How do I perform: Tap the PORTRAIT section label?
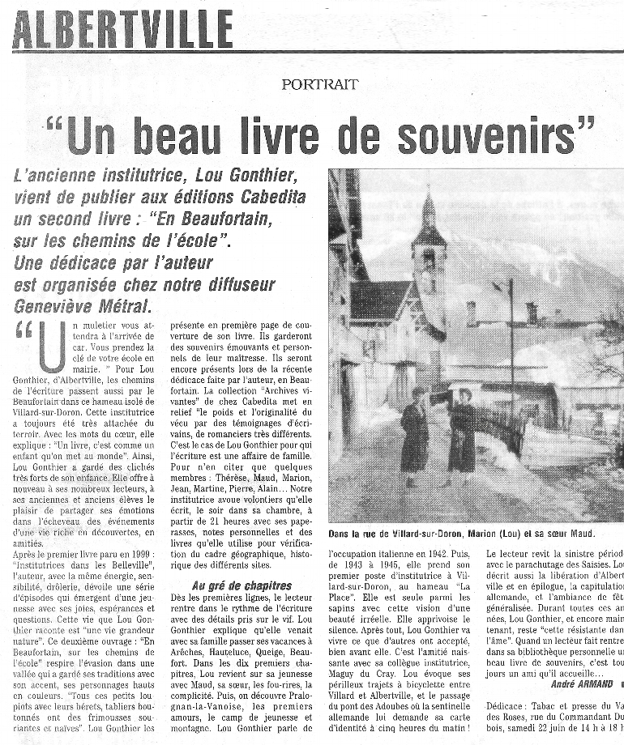pyautogui.click(x=320, y=83)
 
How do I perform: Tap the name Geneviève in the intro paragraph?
pyautogui.click(x=56, y=305)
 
